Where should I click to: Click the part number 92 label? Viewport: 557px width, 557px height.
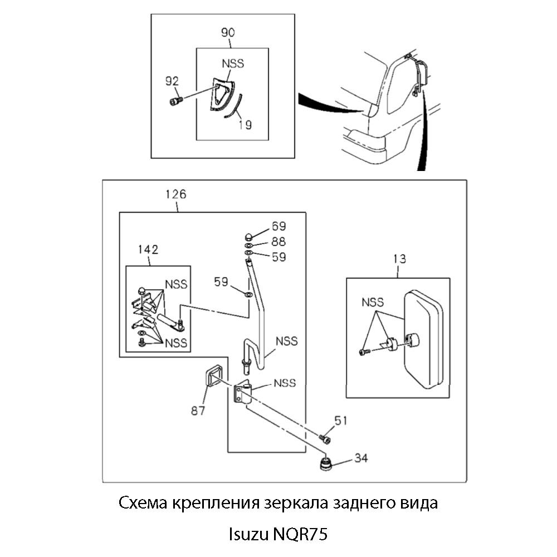[x=172, y=81]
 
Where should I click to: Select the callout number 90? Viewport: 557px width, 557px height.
[x=227, y=33]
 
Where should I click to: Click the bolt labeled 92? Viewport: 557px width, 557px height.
[x=175, y=101]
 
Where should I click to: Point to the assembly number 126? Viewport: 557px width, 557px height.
[x=176, y=194]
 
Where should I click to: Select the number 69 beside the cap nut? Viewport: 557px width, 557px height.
[x=278, y=226]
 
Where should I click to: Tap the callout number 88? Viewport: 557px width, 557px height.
[x=278, y=242]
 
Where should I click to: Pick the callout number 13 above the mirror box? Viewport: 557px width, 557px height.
[x=399, y=258]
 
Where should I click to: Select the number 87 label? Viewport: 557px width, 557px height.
[x=198, y=411]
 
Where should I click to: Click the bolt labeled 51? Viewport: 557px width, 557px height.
[x=325, y=440]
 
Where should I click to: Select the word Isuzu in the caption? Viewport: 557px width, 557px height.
[x=248, y=535]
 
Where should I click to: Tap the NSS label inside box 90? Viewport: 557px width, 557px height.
[x=232, y=63]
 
